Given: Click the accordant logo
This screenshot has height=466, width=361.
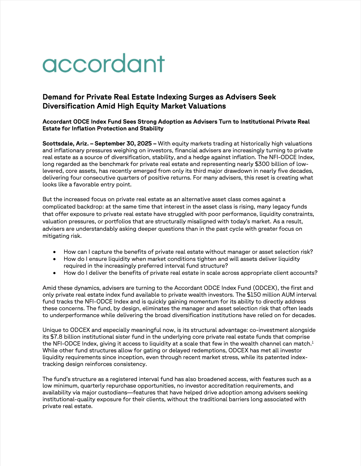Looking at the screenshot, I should tap(103, 63).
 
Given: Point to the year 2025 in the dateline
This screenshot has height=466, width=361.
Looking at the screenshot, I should tap(145, 143).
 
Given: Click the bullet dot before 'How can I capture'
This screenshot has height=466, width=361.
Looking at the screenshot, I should tap(54, 252).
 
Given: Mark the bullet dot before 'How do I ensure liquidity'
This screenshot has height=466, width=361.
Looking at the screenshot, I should tap(54, 259).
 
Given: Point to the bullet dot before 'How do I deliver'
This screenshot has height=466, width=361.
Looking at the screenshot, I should tap(54, 273).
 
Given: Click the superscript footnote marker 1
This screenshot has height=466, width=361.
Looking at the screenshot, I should tap(313, 342).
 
